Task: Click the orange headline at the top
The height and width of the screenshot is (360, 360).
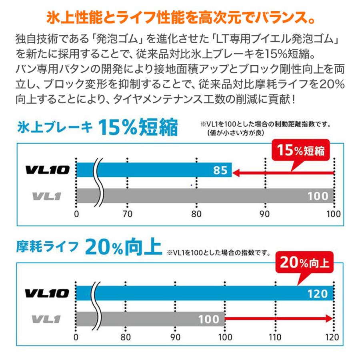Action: point(180,18)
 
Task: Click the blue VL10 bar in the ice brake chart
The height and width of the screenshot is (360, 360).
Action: point(160,170)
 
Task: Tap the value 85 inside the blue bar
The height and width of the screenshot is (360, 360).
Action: point(220,171)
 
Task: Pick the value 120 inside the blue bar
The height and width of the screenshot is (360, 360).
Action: point(318,294)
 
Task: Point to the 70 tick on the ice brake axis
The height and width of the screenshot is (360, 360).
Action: point(127,214)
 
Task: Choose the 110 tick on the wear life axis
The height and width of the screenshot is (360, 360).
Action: point(276,337)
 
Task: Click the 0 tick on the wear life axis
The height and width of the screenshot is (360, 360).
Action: point(76,337)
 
